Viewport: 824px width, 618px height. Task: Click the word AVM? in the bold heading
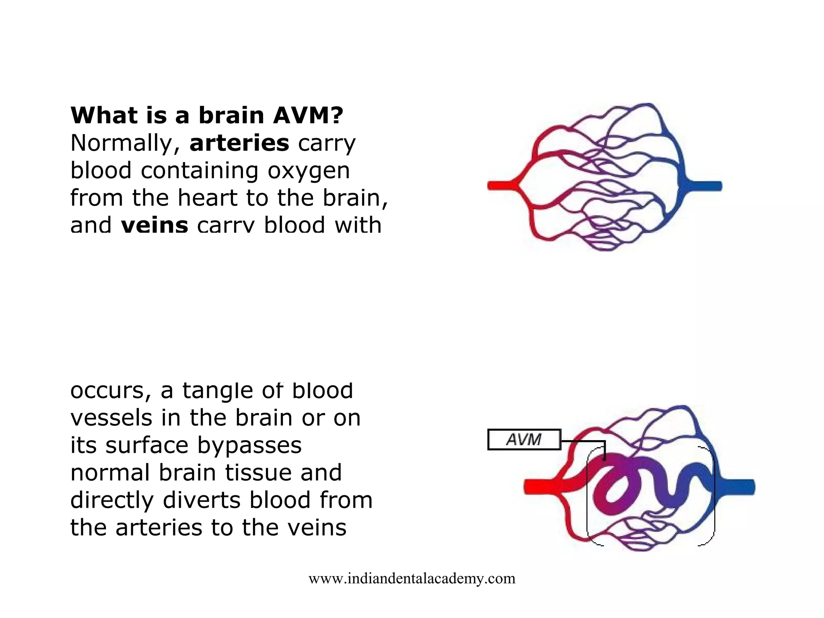pyautogui.click(x=308, y=115)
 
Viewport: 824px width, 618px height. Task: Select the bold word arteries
pyautogui.click(x=239, y=143)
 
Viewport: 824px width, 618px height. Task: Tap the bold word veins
pyautogui.click(x=154, y=225)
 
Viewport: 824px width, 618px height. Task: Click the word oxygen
pyautogui.click(x=309, y=171)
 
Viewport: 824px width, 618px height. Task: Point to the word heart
pyautogui.click(x=207, y=198)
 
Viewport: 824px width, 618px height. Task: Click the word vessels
pyautogui.click(x=111, y=418)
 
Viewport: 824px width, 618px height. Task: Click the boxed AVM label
pyautogui.click(x=523, y=439)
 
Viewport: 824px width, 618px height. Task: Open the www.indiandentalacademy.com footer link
pyautogui.click(x=412, y=579)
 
